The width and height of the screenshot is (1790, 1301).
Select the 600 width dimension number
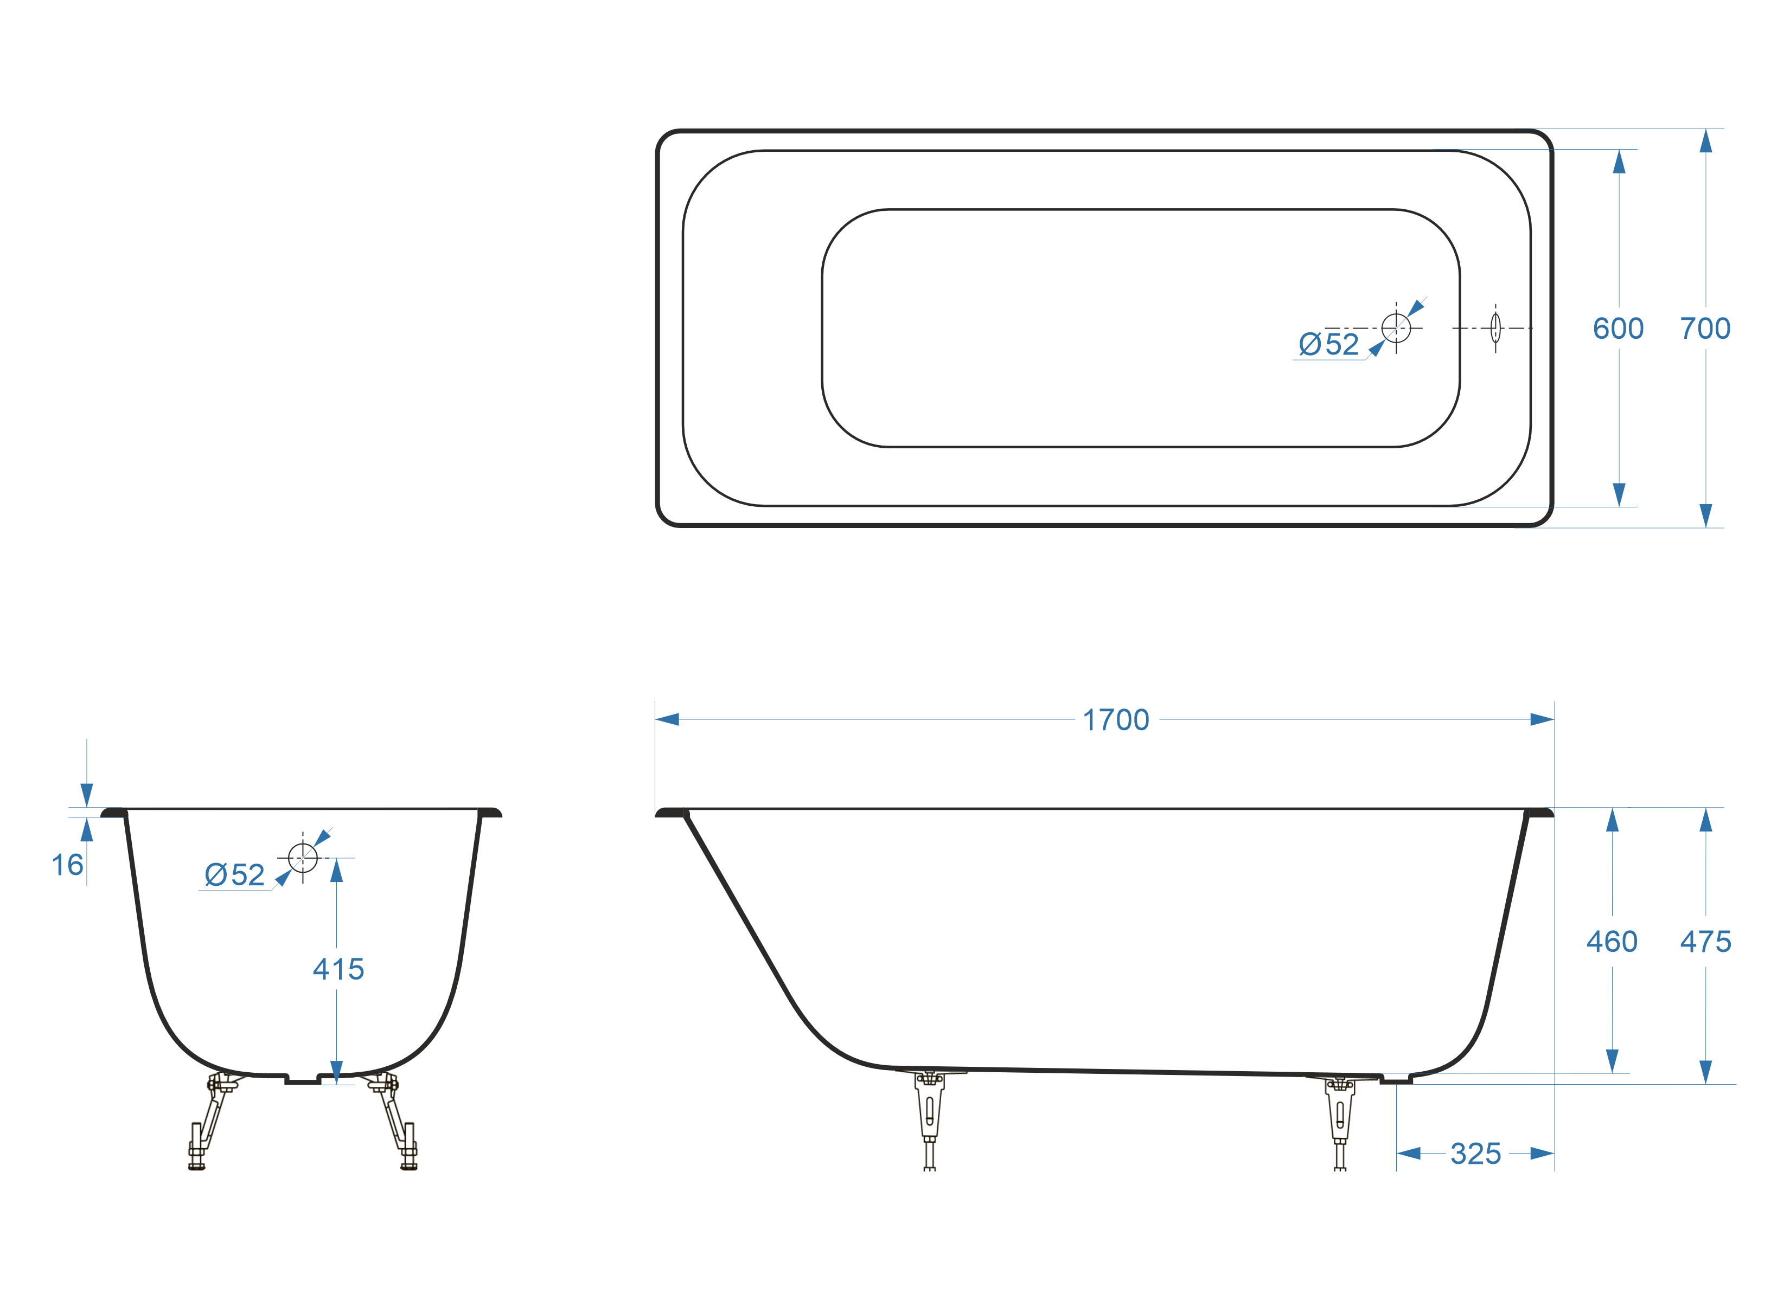[1618, 328]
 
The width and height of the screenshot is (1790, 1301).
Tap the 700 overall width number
[1705, 328]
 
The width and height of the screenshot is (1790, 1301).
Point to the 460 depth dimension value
[1612, 941]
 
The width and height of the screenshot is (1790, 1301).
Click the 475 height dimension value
[1705, 941]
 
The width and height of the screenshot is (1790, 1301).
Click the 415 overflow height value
[338, 969]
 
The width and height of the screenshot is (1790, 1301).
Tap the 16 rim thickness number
[67, 865]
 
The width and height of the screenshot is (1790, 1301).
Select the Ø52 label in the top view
[1329, 344]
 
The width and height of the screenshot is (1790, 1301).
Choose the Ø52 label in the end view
[234, 875]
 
